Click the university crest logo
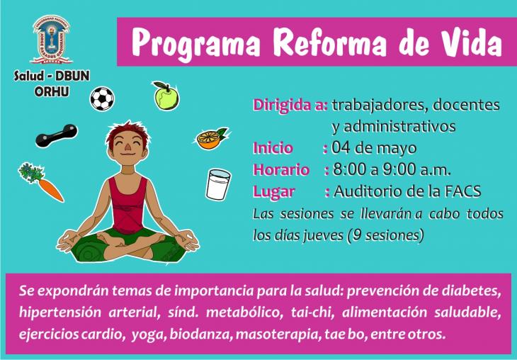tap(52, 39)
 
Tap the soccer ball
tap(102, 99)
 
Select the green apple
tap(166, 96)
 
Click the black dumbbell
tap(57, 135)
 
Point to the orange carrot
tap(42, 182)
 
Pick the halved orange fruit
tap(211, 139)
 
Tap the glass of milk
tap(218, 184)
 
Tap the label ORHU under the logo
tap(52, 91)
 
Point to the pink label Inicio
tap(273, 148)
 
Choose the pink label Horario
tap(281, 170)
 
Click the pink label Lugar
tap(273, 192)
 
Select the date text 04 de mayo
tap(373, 148)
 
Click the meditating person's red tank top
tap(127, 206)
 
